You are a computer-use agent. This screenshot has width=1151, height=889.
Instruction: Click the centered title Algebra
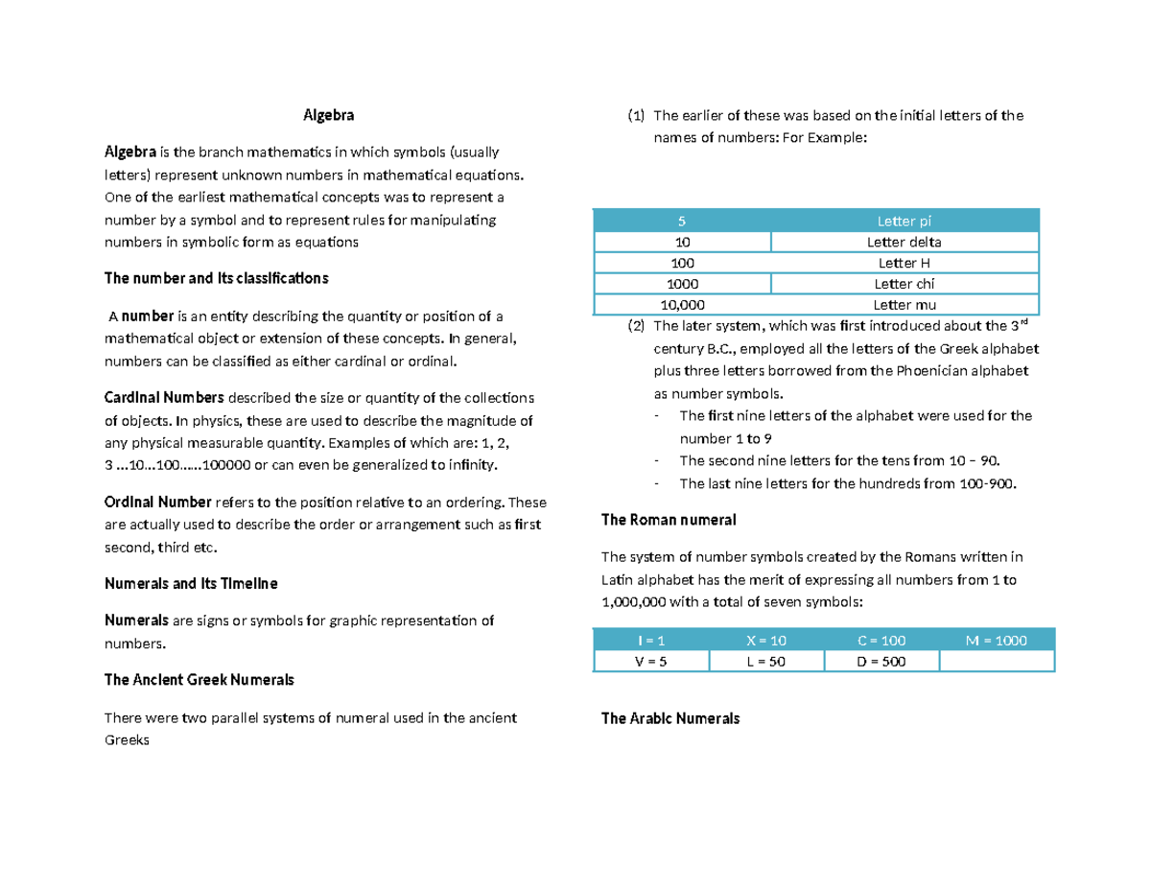tap(328, 116)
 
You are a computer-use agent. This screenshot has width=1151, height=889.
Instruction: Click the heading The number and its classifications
tap(216, 278)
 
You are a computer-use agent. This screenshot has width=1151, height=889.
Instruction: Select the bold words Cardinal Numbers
tap(164, 398)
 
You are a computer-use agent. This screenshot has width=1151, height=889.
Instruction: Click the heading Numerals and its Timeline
tap(190, 583)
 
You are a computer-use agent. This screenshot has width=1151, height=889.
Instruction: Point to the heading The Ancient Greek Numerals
tap(199, 680)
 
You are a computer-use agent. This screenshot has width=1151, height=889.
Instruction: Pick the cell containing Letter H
tap(904, 263)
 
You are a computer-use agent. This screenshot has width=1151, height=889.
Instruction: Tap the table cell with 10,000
tap(682, 305)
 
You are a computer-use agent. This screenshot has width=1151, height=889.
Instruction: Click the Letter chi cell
tap(904, 284)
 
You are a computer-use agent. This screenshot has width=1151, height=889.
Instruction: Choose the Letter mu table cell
tap(904, 305)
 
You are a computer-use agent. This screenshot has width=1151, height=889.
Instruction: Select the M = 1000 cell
tap(997, 640)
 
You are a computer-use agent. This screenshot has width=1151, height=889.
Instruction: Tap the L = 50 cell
tap(765, 662)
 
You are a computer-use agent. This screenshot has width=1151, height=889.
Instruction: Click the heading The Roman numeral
tap(668, 520)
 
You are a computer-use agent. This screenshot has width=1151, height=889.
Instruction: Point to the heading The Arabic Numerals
tap(669, 718)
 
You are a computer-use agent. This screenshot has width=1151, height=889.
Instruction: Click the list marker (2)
tap(637, 326)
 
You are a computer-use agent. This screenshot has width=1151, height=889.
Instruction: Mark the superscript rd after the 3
tap(1022, 320)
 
